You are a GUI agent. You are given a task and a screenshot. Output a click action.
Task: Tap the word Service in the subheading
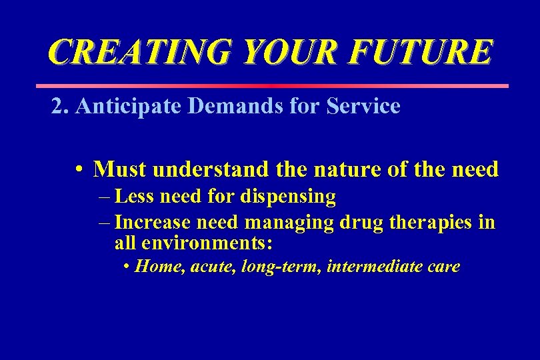(363, 106)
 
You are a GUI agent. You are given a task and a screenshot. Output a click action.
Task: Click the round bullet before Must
(79, 170)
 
